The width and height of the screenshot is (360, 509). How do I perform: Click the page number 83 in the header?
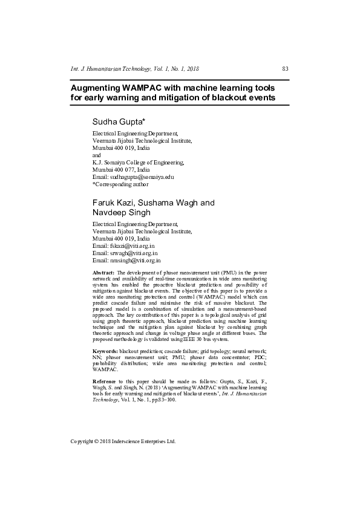(x=286, y=69)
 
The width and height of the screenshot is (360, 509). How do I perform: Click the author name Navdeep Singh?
(x=122, y=213)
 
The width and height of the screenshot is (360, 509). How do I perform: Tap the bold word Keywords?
(x=105, y=351)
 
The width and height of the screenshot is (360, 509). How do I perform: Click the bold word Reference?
(x=105, y=381)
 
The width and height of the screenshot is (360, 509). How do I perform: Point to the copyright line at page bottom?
(x=123, y=441)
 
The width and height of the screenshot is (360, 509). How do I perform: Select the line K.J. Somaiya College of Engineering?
(x=138, y=162)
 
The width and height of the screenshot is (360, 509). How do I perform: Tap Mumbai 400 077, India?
(x=120, y=169)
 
